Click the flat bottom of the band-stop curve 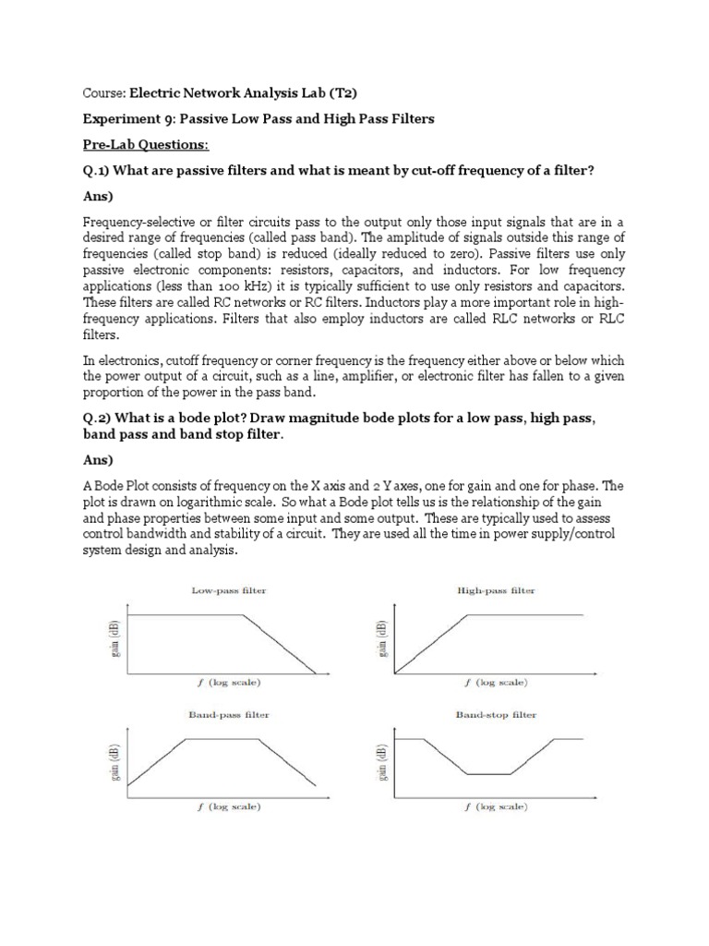point(489,774)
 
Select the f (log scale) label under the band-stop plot point(496,807)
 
